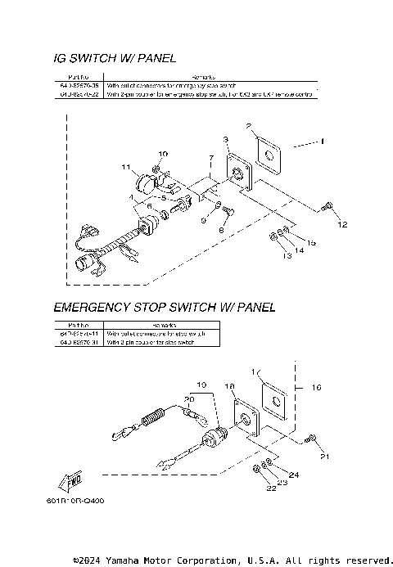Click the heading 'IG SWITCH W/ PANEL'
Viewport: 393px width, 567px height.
pyautogui.click(x=114, y=58)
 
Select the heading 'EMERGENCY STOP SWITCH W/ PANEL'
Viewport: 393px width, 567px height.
pyautogui.click(x=164, y=308)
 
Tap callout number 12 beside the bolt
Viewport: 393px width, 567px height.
pyautogui.click(x=342, y=224)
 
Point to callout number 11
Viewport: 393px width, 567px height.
pyautogui.click(x=126, y=167)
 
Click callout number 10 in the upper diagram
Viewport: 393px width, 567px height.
pyautogui.click(x=163, y=154)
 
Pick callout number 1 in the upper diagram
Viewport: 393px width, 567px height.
pyautogui.click(x=322, y=141)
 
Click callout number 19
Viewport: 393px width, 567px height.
pyautogui.click(x=202, y=384)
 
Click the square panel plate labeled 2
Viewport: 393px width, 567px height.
pyautogui.click(x=266, y=153)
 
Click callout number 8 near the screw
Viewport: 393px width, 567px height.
pyautogui.click(x=220, y=231)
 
